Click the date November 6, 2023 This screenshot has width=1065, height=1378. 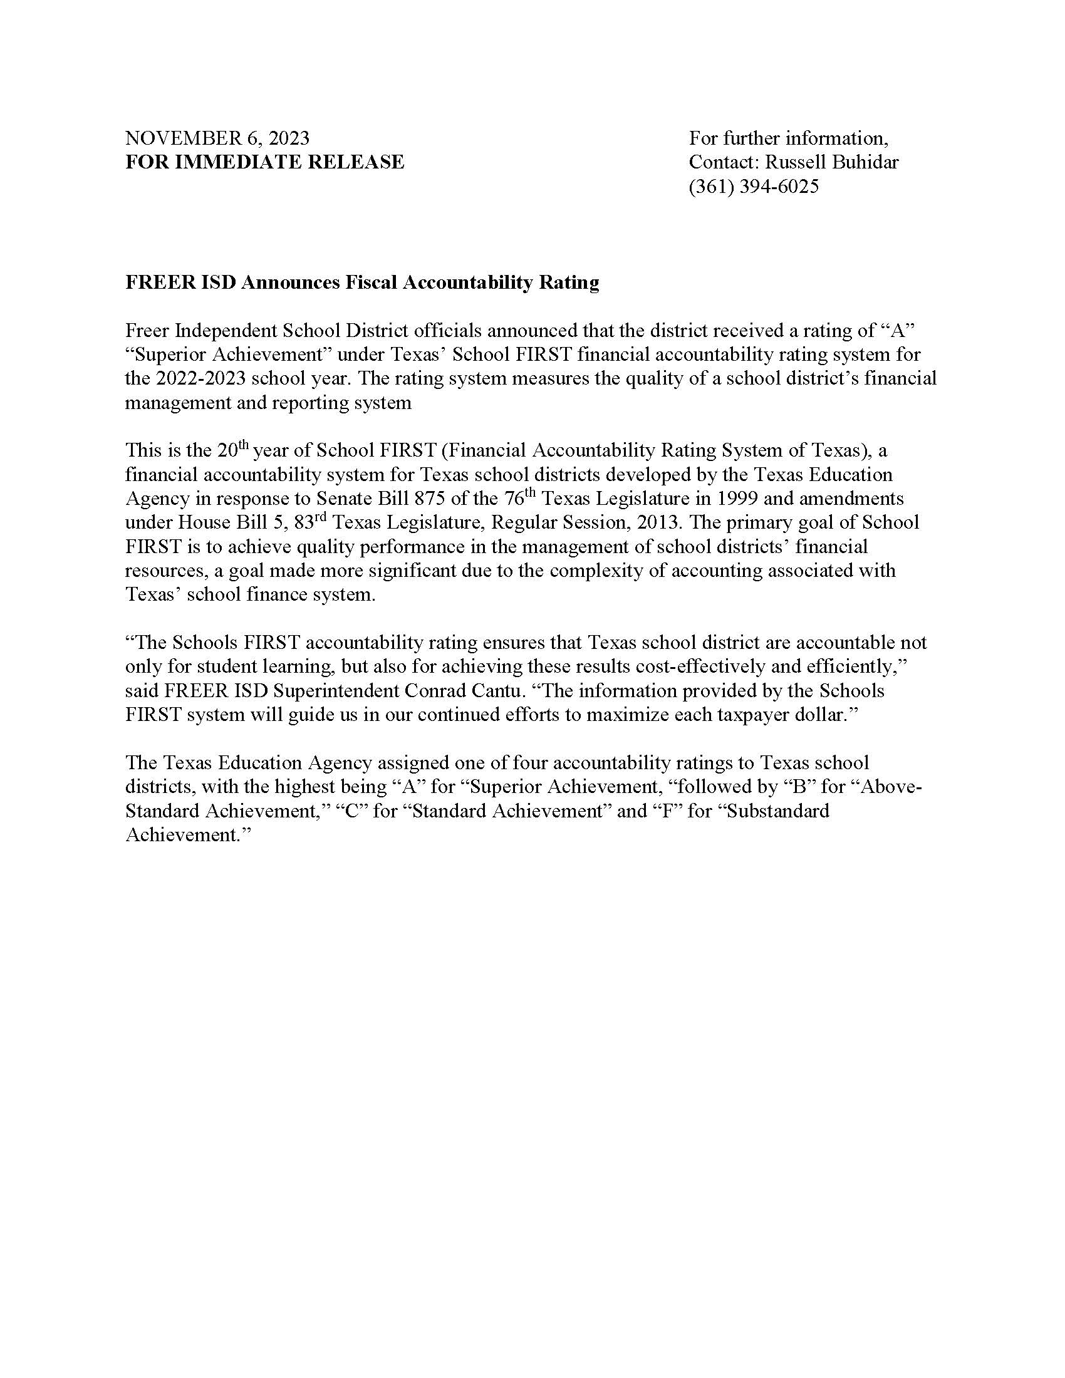point(217,138)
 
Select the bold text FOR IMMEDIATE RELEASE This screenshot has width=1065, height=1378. point(264,162)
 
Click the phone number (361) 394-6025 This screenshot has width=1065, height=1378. point(753,187)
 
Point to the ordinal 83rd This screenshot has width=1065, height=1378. point(309,522)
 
